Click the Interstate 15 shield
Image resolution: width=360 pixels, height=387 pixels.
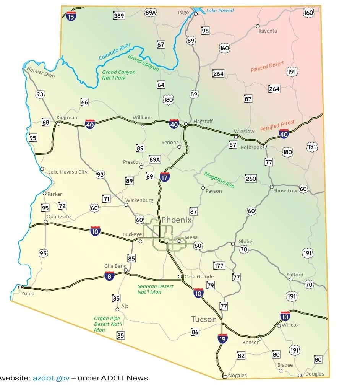click(x=71, y=16)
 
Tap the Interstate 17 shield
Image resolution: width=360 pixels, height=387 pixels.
click(x=165, y=177)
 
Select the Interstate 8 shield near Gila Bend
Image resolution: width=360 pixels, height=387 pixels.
click(x=109, y=276)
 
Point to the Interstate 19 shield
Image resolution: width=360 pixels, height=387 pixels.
click(x=222, y=338)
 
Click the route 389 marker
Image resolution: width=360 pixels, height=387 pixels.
click(x=119, y=16)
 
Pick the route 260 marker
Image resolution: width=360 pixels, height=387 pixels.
click(x=251, y=179)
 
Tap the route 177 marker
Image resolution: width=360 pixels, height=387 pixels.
click(x=219, y=266)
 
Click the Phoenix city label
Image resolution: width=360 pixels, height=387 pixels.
click(x=176, y=220)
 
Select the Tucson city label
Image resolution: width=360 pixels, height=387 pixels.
click(x=204, y=319)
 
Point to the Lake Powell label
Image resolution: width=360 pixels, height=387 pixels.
click(x=220, y=11)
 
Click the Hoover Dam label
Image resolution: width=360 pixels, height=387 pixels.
click(x=41, y=72)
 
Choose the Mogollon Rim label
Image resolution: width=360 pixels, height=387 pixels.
click(x=219, y=180)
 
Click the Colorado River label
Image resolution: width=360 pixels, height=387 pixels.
click(x=115, y=52)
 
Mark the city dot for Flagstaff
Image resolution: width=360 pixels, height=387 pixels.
click(x=186, y=124)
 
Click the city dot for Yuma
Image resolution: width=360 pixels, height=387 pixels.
click(x=20, y=287)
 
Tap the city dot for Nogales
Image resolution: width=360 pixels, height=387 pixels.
click(x=225, y=377)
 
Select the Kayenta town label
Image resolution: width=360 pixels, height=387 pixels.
click(x=268, y=31)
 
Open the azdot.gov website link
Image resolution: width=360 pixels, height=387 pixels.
click(x=51, y=378)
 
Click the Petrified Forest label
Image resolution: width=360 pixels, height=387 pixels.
click(x=277, y=125)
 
